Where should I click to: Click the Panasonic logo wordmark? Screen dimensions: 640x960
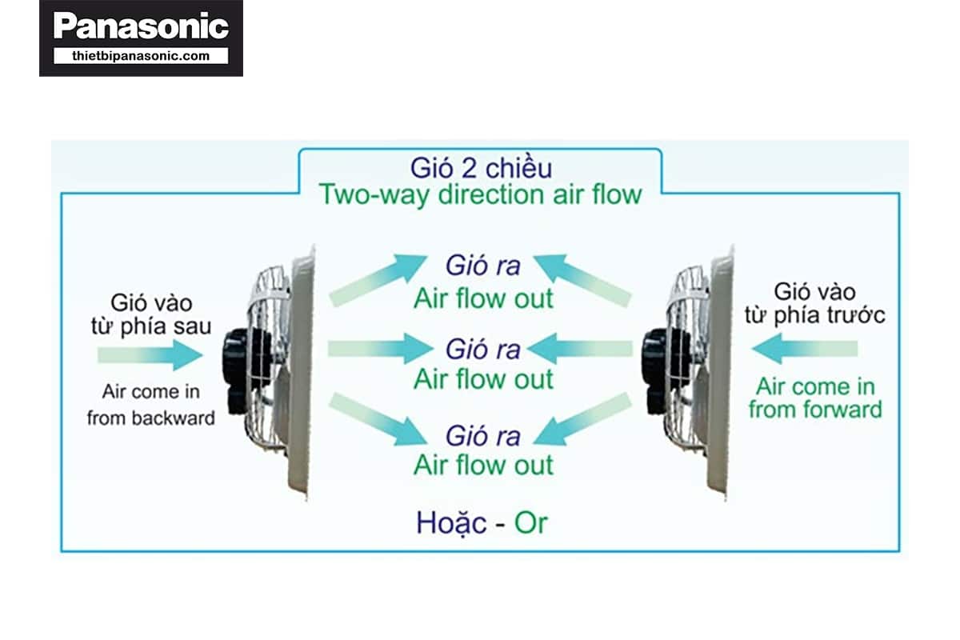pos(141,26)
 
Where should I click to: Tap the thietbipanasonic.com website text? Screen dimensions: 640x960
pos(141,56)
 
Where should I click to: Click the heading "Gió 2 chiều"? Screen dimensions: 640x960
pos(481,169)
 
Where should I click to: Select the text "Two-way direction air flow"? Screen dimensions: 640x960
pos(480,194)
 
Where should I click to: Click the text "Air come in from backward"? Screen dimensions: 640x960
pos(151,405)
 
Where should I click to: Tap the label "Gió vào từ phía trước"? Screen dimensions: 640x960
pos(814,303)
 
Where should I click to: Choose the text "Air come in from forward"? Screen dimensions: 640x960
pos(815,398)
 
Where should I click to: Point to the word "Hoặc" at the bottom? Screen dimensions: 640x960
pos(451,522)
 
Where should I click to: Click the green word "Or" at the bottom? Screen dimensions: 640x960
pos(530,522)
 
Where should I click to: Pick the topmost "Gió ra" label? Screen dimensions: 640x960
pos(483,266)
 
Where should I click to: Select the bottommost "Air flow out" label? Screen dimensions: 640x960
pos(483,465)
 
